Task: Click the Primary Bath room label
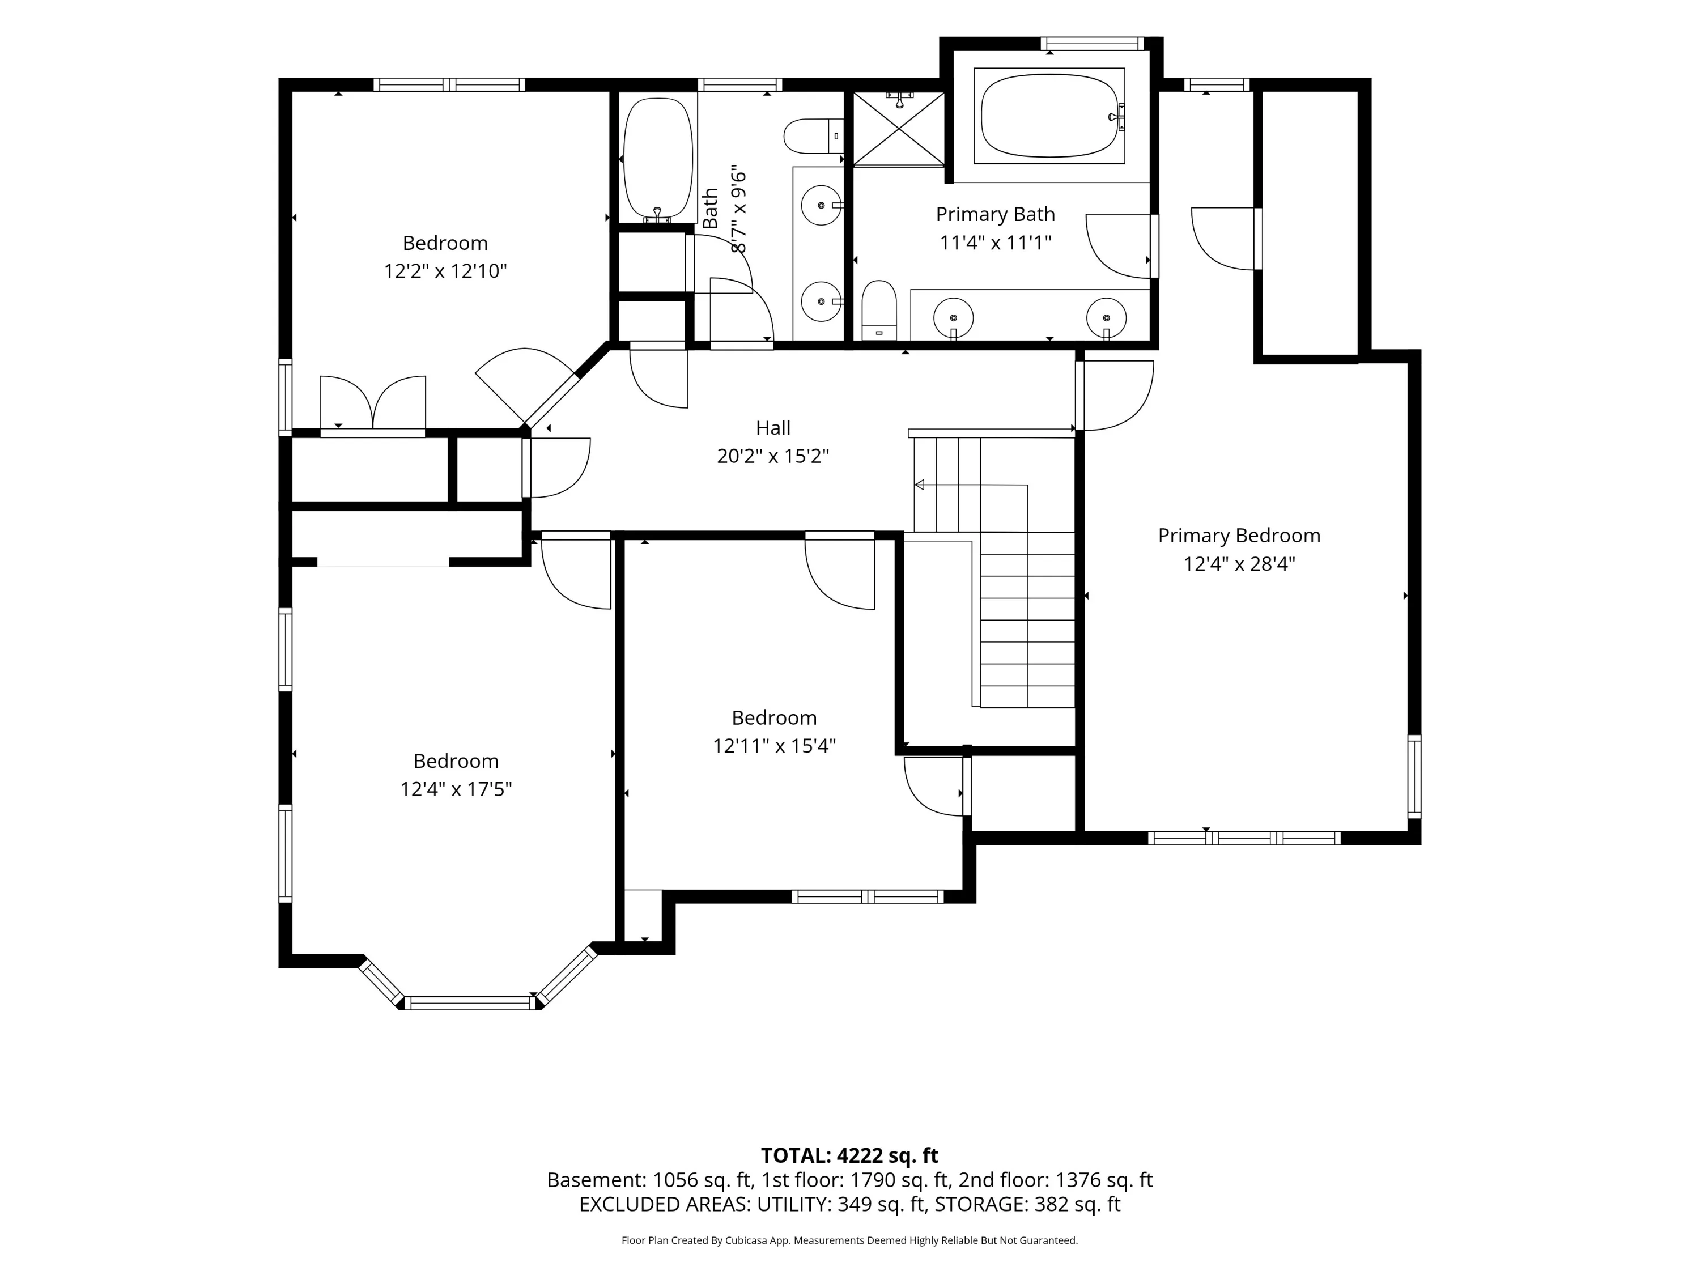coord(995,214)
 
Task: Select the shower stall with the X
coord(898,128)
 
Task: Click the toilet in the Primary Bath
coord(879,311)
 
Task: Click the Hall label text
coord(773,428)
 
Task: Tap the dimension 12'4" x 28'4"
coord(1239,564)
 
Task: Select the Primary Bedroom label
coord(1239,535)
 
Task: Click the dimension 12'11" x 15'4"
coord(774,746)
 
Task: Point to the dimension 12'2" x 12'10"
coord(446,271)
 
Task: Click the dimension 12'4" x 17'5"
coord(456,789)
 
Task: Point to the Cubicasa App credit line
coord(849,1240)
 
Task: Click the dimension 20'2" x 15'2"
coord(773,457)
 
